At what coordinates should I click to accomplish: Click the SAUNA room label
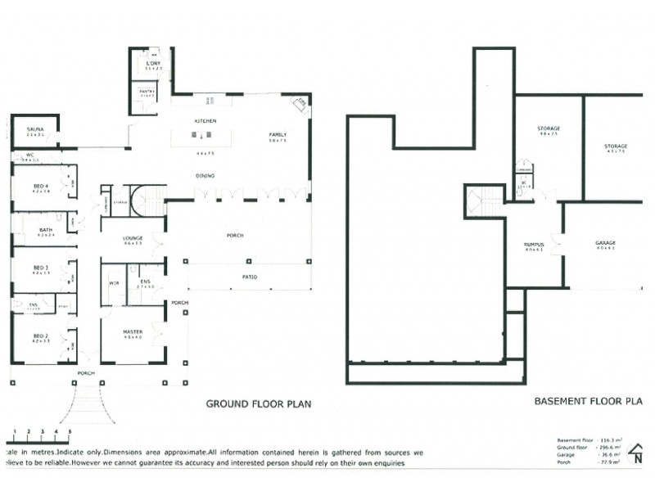point(34,129)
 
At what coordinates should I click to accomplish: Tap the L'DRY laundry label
point(152,64)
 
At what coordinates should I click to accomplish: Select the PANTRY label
point(147,92)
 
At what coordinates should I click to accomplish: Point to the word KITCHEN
point(204,120)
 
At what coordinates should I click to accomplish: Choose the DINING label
point(206,175)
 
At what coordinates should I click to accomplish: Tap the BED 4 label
point(41,187)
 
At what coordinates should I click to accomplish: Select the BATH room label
point(46,230)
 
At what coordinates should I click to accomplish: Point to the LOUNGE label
point(133,238)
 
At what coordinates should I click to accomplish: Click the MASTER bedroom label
point(132,331)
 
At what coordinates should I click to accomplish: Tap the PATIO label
point(249,277)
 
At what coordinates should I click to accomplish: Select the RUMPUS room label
point(535,244)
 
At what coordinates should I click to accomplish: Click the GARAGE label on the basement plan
point(606,243)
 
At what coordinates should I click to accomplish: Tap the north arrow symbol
point(637,453)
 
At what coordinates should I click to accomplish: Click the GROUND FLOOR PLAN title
point(258,403)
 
